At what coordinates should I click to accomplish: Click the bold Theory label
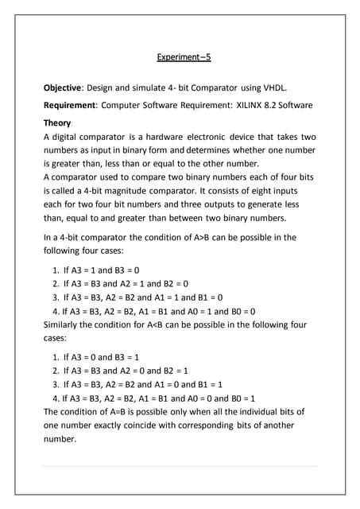[x=56, y=123]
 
